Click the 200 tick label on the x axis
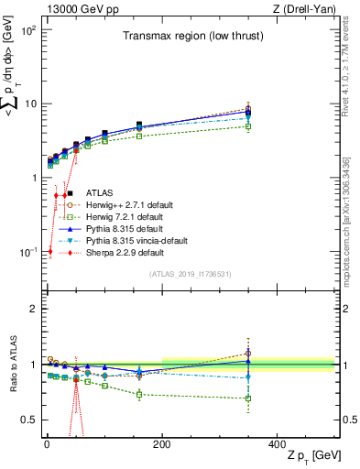pos(162,442)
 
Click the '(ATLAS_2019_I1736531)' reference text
pos(191,273)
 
